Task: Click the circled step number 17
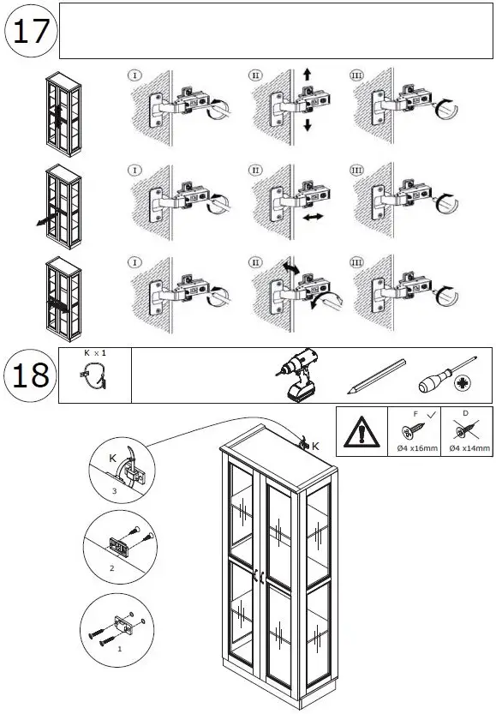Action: click(x=32, y=33)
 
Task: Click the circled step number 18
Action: click(x=32, y=375)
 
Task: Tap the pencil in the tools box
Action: click(x=377, y=377)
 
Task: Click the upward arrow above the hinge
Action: click(x=307, y=76)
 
